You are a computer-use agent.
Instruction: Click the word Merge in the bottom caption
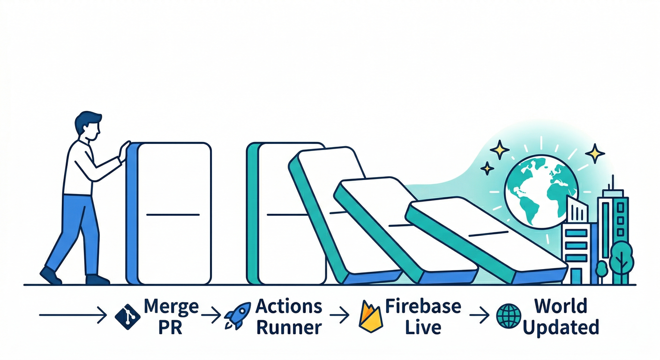(x=171, y=307)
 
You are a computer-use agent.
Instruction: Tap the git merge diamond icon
(x=127, y=316)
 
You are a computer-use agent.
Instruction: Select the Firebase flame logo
(x=370, y=316)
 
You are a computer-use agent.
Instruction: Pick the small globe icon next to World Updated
(x=509, y=316)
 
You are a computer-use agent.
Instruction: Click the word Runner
(x=289, y=327)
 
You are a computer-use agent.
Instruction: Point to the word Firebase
(x=423, y=307)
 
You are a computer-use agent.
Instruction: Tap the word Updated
(x=561, y=327)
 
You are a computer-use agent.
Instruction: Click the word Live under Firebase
(x=423, y=327)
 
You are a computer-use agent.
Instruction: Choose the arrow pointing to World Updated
(x=479, y=315)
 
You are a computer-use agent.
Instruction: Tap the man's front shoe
(x=97, y=280)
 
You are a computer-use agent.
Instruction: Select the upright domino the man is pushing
(x=171, y=213)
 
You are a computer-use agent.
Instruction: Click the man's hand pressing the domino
(x=124, y=152)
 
